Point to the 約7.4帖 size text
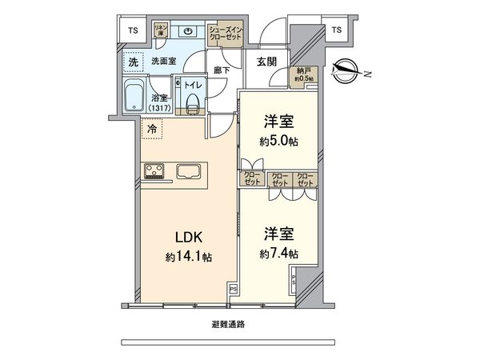point(278,253)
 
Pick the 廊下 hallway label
point(222,71)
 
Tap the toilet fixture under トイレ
point(192,100)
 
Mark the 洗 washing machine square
point(130,61)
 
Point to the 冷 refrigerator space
point(150,127)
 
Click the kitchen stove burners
point(153,170)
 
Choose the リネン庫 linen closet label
point(159,31)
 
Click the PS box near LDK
point(233,289)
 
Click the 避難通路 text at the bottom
point(228,325)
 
